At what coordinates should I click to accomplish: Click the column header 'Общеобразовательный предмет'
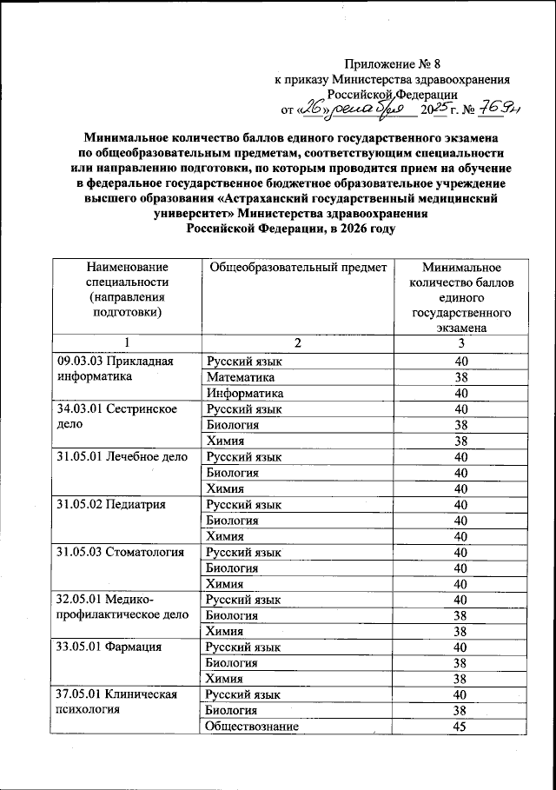point(297,268)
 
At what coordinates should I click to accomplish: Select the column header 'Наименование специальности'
point(126,290)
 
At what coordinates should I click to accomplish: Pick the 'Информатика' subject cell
point(245,393)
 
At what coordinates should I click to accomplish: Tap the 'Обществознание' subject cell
point(252,726)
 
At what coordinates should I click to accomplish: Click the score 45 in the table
point(460,726)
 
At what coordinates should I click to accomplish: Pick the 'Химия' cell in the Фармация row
point(224,678)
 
